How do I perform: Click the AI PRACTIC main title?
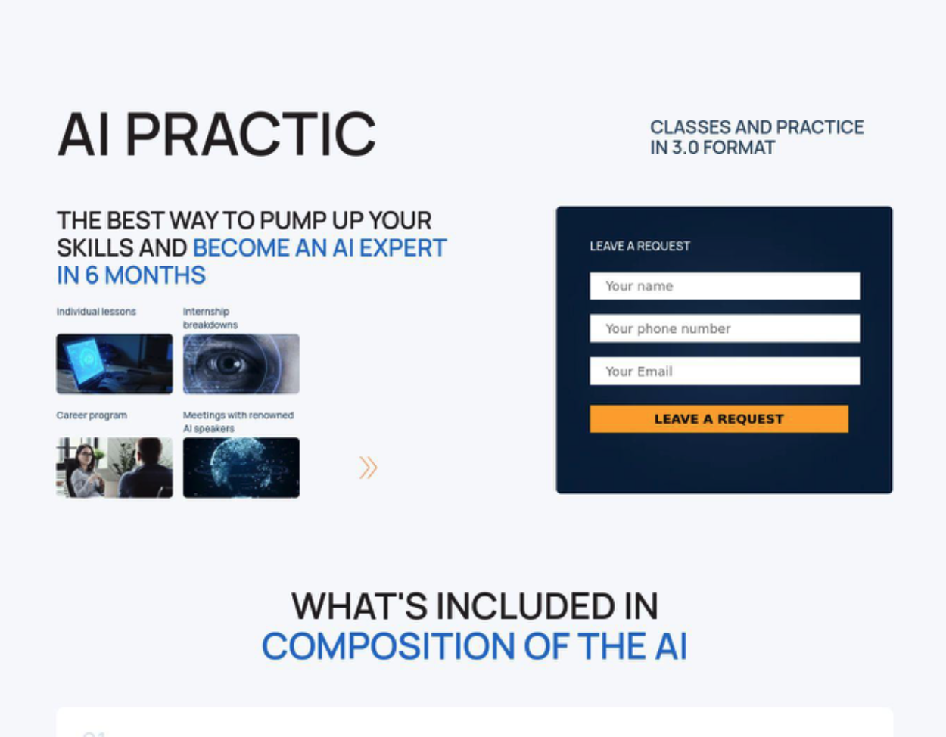[216, 134]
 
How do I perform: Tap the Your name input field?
[725, 286]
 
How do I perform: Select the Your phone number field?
[725, 328]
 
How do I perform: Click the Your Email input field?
[725, 371]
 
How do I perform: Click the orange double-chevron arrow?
[369, 468]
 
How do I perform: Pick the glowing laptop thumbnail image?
[114, 364]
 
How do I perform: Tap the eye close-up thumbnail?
[241, 364]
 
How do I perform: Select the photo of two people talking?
[114, 468]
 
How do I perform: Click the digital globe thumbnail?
[241, 468]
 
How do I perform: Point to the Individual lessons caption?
[96, 312]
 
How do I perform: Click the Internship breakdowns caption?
[210, 318]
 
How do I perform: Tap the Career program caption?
[92, 415]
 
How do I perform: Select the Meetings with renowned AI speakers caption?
[238, 421]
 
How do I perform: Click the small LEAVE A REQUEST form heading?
[640, 246]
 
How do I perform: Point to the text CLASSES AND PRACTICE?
[757, 127]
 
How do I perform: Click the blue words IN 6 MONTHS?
[131, 275]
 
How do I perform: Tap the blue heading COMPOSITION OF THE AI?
[475, 646]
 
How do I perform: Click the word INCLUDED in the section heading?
[526, 606]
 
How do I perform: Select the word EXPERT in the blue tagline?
[403, 247]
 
